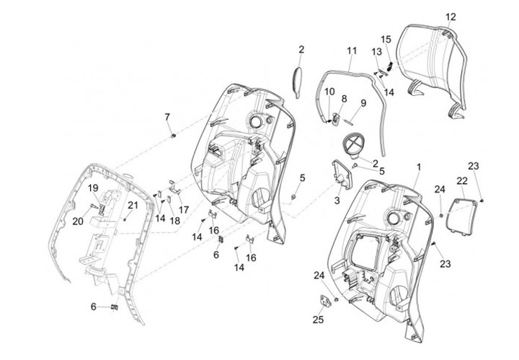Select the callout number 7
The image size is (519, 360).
167,116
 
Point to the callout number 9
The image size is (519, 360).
363,103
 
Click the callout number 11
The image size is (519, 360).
352,51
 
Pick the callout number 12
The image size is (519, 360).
451,17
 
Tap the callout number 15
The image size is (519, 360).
386,39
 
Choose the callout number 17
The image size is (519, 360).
184,210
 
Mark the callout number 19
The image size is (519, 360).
93,188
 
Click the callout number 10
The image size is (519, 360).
330,92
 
